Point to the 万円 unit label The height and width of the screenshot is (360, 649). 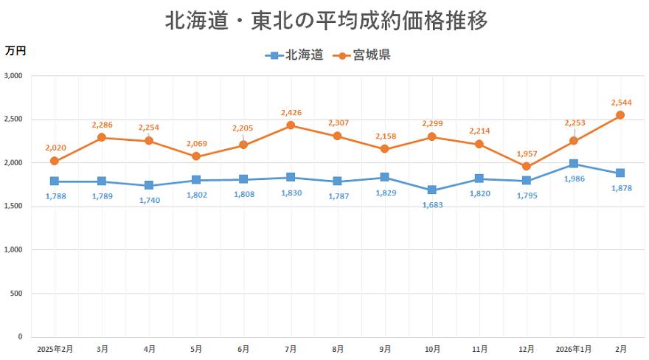15,51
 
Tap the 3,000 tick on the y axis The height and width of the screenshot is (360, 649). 13,76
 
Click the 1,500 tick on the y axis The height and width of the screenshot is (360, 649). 13,207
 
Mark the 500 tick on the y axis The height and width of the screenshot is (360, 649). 16,294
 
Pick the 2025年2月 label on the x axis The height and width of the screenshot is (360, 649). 55,348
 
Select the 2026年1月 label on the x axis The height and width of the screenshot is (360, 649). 573,348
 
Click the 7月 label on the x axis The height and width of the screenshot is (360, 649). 291,348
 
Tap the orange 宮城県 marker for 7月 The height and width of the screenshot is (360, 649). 291,125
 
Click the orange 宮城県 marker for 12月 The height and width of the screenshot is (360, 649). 526,166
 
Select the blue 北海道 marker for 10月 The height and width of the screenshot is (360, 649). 432,190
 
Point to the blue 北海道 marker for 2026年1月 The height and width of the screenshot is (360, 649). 573,164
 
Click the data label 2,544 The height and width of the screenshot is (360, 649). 622,103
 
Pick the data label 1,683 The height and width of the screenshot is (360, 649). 433,205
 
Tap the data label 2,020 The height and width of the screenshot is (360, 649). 55,148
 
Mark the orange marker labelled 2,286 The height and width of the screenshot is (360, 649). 102,138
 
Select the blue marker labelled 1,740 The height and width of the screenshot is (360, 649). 149,185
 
